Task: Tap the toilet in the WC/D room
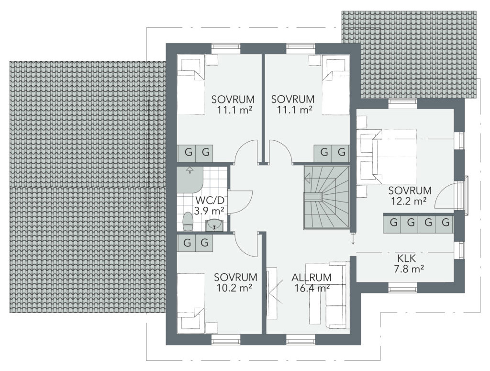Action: pos(188,222)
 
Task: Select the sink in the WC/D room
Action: pos(215,225)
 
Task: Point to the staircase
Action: pos(326,198)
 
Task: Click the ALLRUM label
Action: pos(311,277)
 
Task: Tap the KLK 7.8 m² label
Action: pos(409,263)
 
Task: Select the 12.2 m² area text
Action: pos(409,202)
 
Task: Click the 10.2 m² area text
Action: pos(234,288)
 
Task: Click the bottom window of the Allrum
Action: pos(301,339)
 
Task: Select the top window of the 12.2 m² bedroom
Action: pos(402,103)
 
